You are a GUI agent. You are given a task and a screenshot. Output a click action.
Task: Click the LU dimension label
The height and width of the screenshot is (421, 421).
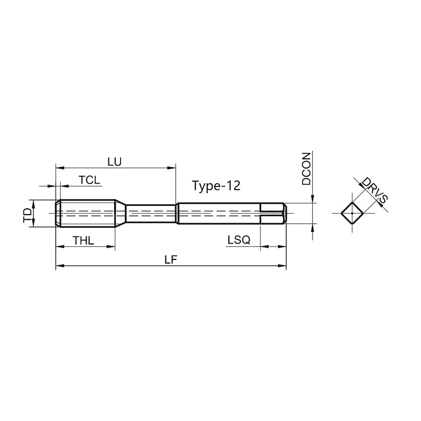115,162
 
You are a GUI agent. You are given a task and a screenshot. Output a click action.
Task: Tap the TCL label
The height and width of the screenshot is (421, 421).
89,180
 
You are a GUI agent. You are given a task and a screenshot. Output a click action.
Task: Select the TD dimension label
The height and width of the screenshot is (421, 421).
27,215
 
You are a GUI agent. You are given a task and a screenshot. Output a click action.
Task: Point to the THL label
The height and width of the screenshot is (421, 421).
83,240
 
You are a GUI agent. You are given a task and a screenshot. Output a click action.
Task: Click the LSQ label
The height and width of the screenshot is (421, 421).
239,240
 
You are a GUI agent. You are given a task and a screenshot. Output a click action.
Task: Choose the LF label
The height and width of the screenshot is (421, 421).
171,259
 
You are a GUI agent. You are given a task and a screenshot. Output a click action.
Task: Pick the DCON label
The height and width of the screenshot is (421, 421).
306,169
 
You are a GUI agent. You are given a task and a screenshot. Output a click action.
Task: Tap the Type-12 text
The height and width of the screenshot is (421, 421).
216,186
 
